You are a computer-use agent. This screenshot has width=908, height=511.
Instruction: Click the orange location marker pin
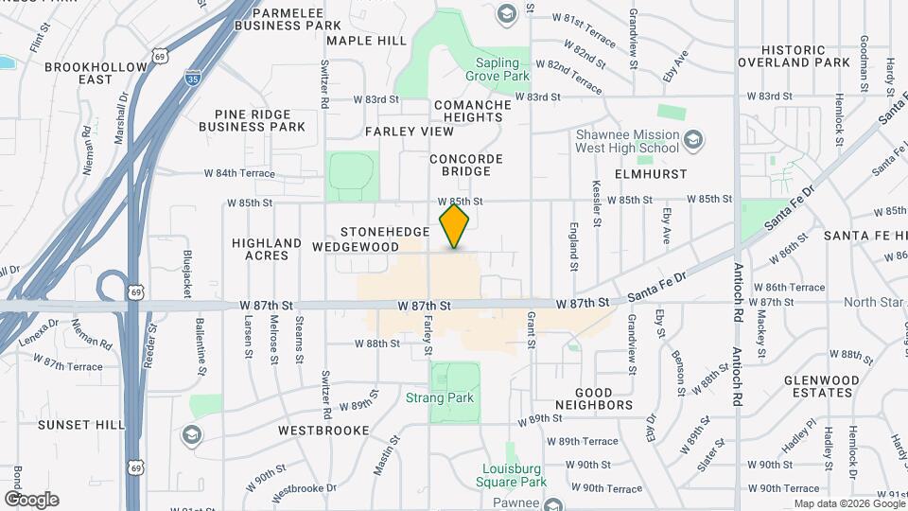455,226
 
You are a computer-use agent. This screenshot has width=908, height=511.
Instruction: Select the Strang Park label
440,398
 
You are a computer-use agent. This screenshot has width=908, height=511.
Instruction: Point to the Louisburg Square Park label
515,475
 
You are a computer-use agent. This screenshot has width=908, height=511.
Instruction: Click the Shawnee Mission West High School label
627,141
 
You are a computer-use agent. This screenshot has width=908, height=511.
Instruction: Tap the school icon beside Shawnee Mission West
694,141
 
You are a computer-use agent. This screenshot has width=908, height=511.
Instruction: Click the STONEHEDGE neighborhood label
379,231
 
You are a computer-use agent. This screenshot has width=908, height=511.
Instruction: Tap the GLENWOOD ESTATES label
821,386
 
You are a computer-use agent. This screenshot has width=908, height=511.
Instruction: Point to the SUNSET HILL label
80,425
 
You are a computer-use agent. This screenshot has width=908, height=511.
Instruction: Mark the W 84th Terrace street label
239,174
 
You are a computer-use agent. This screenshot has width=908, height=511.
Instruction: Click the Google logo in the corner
31,500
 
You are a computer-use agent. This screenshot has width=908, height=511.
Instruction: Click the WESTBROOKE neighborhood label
323,430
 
